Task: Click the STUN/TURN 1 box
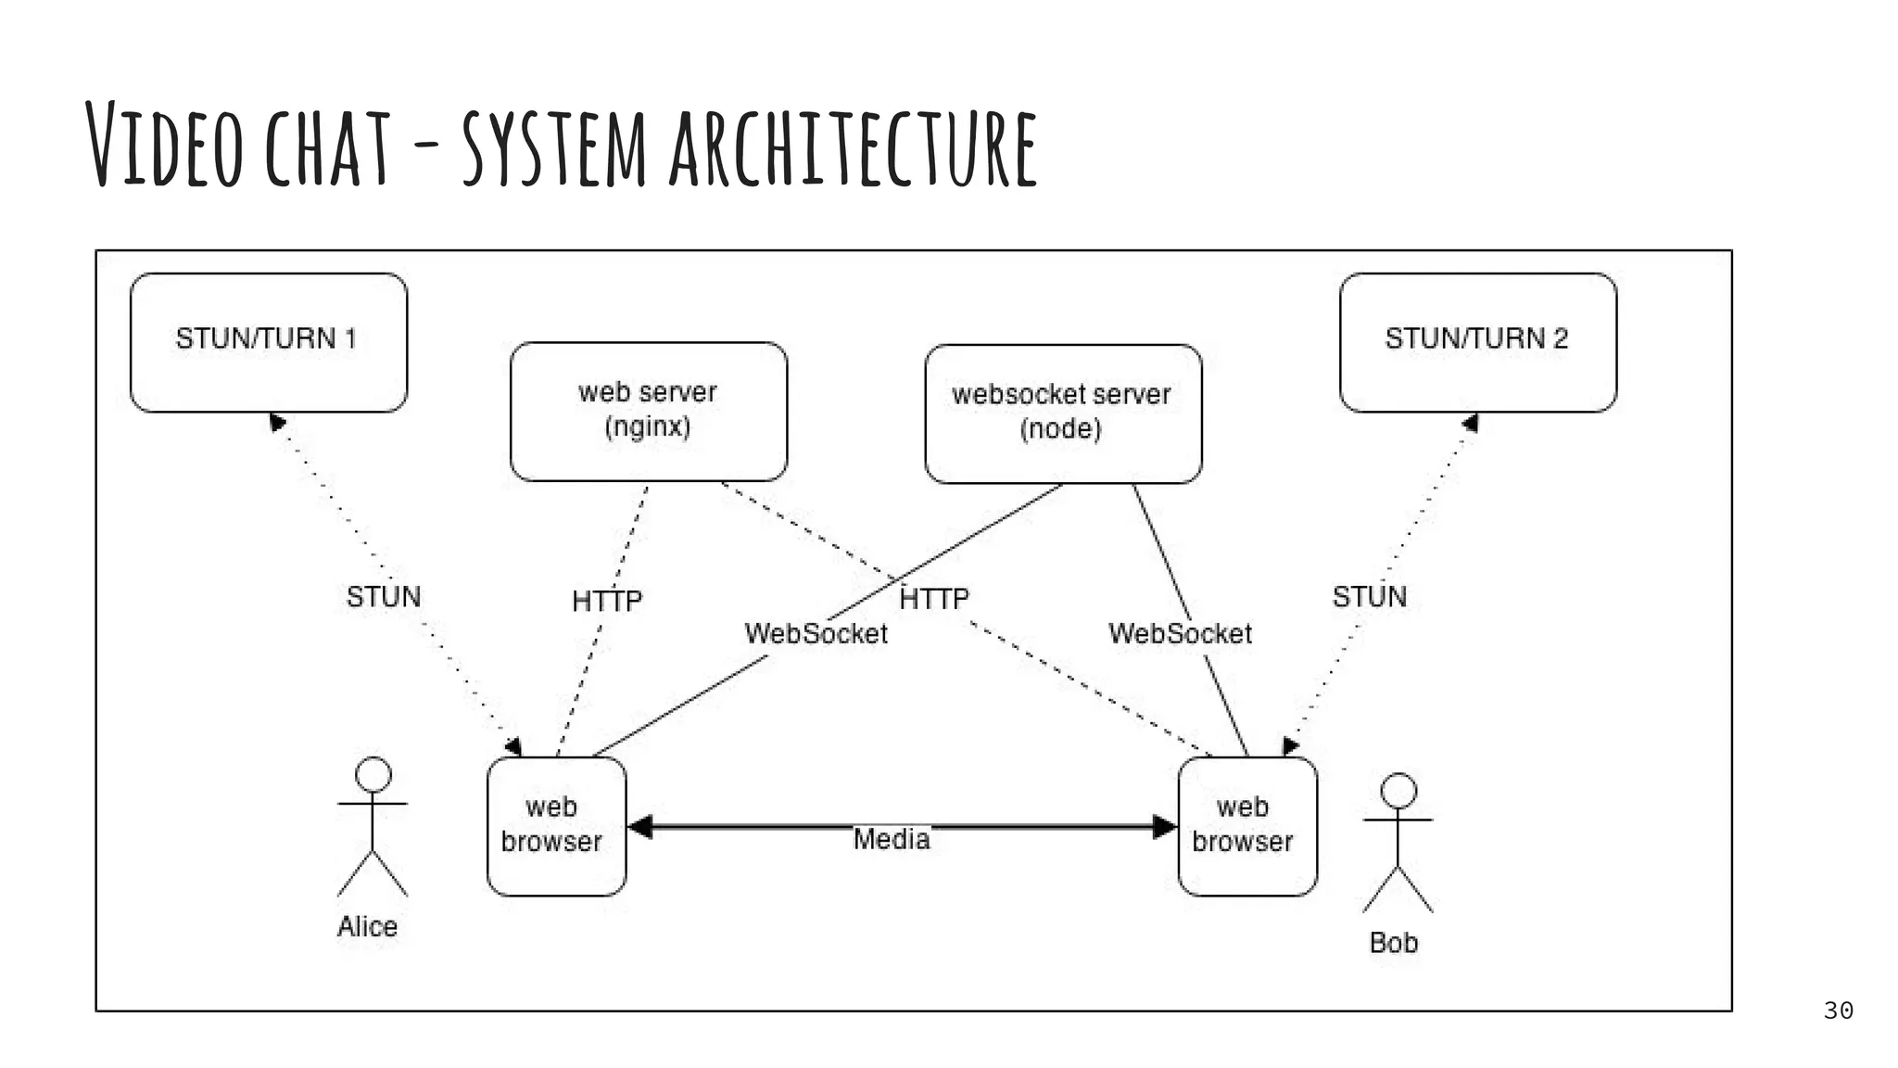[269, 342]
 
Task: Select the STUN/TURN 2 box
[1477, 342]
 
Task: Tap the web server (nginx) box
[648, 411]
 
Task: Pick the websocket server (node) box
[1062, 413]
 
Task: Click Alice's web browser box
[556, 826]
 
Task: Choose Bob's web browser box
[1246, 826]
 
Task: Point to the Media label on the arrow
[892, 839]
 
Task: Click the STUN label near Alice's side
[384, 596]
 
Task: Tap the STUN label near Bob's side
[1370, 596]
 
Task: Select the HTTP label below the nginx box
[607, 601]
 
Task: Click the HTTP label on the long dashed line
[934, 599]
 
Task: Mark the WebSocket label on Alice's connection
[816, 633]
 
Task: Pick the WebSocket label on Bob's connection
[1180, 633]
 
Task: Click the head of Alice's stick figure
[373, 774]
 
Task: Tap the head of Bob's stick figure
[1398, 791]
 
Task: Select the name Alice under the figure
[367, 926]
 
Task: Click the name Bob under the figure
[1394, 942]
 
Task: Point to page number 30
[1838, 1011]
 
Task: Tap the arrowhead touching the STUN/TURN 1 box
[276, 423]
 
